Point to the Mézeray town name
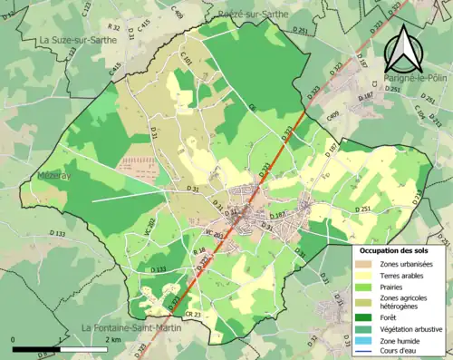point(57,175)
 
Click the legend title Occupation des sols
point(399,249)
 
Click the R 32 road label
point(114,28)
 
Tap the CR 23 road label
point(191,314)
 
